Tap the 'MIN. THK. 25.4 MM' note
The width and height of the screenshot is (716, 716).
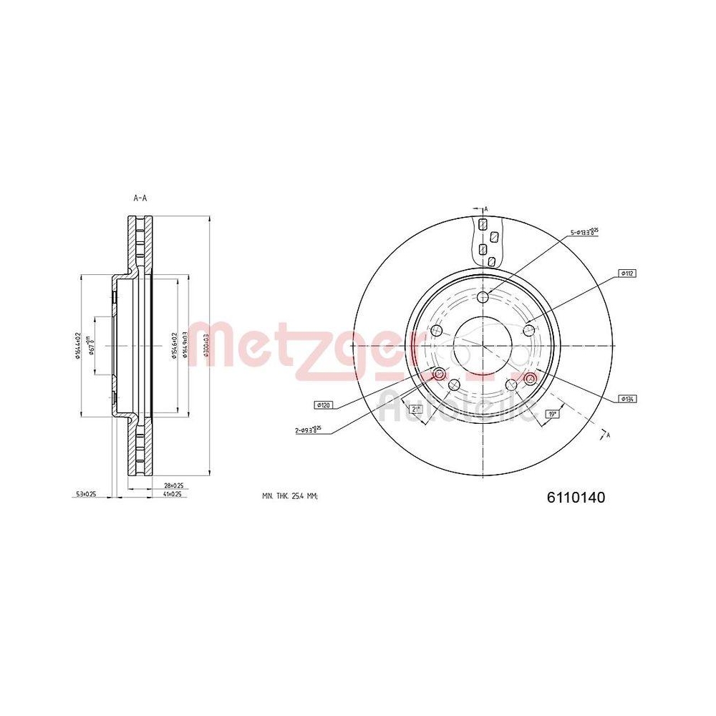click(290, 496)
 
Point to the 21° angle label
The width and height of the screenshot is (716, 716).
click(415, 409)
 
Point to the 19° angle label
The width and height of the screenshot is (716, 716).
click(552, 413)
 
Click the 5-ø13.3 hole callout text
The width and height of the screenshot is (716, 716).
click(584, 231)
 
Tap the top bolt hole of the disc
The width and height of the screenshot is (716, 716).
click(483, 297)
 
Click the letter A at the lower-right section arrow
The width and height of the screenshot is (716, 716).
click(609, 435)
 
